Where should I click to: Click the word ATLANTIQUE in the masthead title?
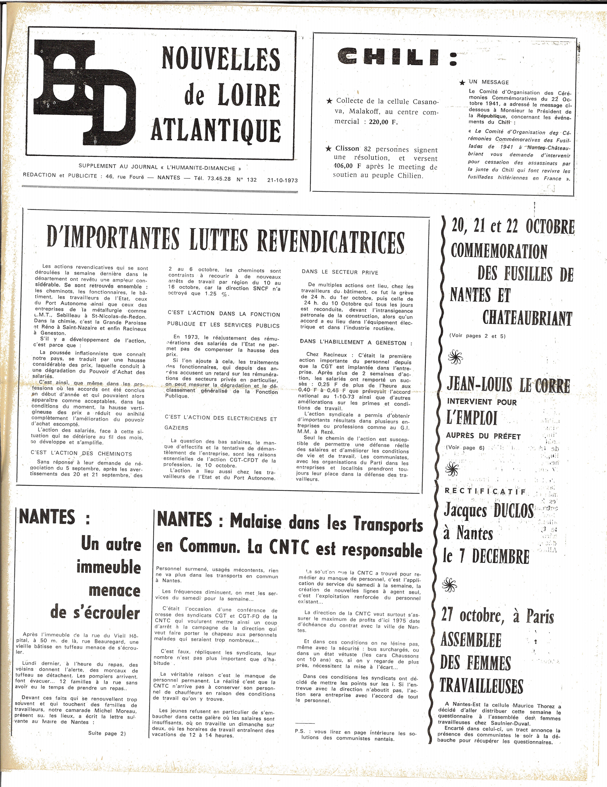click(x=215, y=130)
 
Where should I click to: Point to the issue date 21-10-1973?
click(x=282, y=180)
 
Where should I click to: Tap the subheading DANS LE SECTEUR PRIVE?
click(x=340, y=272)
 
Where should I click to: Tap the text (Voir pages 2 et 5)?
click(x=477, y=336)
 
